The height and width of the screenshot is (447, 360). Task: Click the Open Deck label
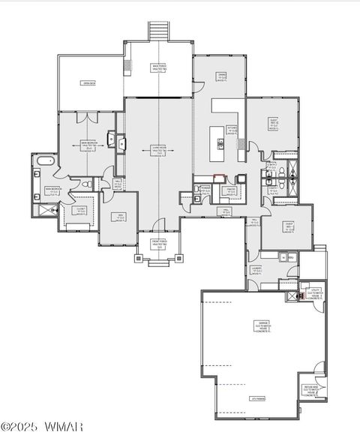pyautogui.click(x=91, y=83)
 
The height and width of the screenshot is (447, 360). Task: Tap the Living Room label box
pyautogui.click(x=158, y=149)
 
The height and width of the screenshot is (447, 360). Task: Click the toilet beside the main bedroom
pyautogui.click(x=88, y=184)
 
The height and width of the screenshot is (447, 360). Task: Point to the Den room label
pyautogui.click(x=119, y=217)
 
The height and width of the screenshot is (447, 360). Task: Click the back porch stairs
pyautogui.click(x=158, y=32)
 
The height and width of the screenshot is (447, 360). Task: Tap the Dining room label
pyautogui.click(x=222, y=76)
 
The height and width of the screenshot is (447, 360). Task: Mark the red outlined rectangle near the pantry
pyautogui.click(x=219, y=177)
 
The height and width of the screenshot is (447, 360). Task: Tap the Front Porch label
pyautogui.click(x=158, y=245)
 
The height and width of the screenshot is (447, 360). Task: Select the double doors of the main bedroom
pyautogui.click(x=89, y=116)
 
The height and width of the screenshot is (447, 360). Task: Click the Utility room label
pyautogui.click(x=315, y=295)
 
